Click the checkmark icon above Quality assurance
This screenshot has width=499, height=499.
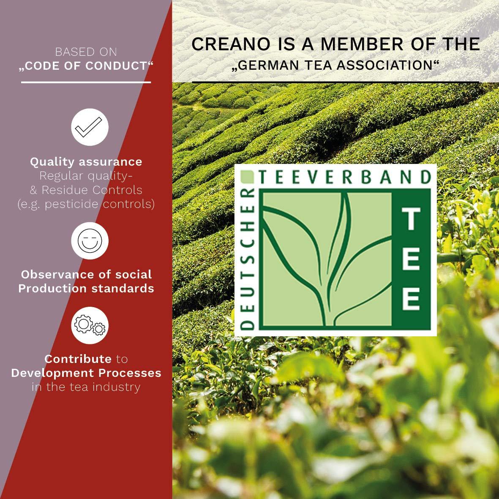[90, 127]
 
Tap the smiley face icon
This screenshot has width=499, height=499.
[90, 240]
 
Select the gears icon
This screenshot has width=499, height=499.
[90, 325]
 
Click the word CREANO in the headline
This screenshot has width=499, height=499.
[231, 44]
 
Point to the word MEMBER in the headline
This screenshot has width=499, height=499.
[363, 44]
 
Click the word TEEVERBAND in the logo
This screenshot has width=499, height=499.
[345, 177]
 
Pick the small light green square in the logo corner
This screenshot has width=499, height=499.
[247, 177]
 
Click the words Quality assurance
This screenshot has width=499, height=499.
[86, 162]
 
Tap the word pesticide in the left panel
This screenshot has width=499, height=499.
[71, 204]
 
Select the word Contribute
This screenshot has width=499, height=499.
[78, 359]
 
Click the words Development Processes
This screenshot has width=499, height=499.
[86, 373]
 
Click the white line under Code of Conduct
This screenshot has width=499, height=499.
[86, 82]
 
